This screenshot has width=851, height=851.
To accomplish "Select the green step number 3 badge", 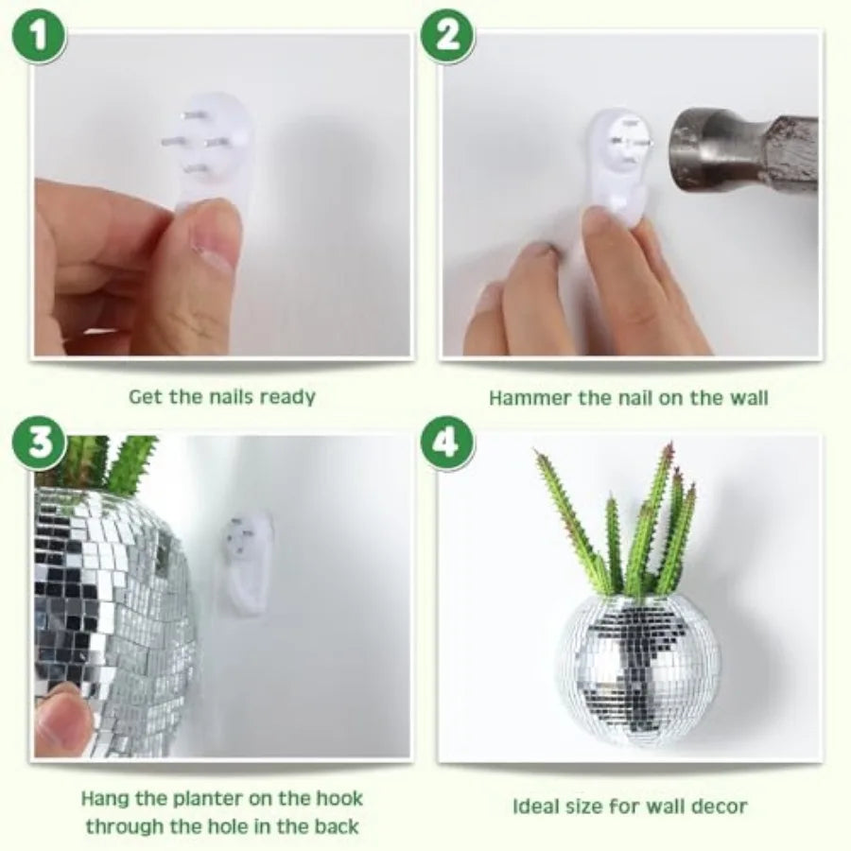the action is [x=39, y=443].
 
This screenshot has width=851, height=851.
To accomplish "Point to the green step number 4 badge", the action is [x=448, y=443].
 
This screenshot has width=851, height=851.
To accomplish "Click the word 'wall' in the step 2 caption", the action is [x=748, y=398].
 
